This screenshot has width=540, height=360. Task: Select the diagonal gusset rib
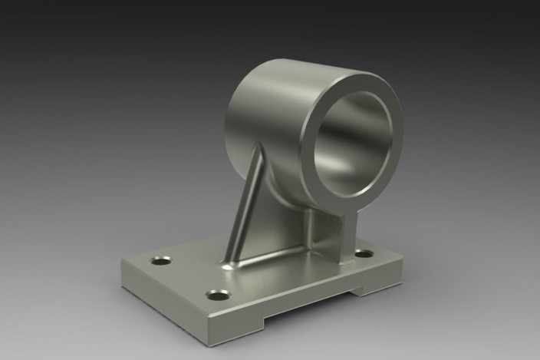(244, 203)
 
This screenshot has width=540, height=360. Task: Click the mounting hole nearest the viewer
(219, 295)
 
